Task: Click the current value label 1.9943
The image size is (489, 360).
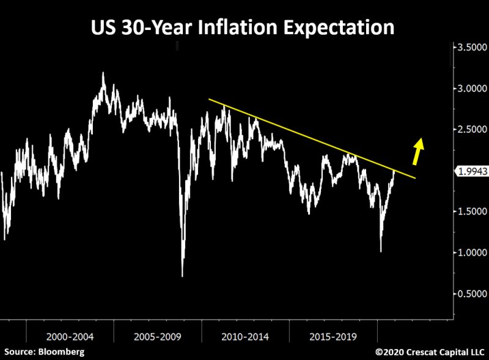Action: tap(470, 172)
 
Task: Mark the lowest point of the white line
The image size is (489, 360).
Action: tap(183, 276)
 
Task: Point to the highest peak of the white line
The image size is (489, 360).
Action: tap(103, 73)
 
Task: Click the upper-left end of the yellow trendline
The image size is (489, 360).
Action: tap(209, 99)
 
